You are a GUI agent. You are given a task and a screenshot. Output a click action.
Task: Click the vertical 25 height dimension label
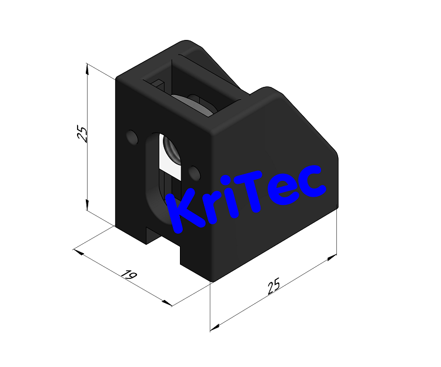point(83,134)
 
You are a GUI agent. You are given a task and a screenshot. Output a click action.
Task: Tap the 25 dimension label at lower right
point(273,287)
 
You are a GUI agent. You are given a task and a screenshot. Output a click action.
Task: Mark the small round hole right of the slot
point(195,173)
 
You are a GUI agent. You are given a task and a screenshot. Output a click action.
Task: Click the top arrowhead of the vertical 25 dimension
point(87,68)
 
